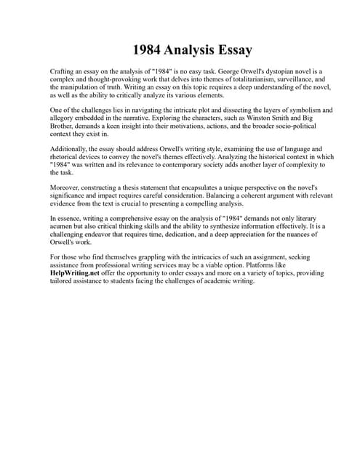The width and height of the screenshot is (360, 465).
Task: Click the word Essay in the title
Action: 228,50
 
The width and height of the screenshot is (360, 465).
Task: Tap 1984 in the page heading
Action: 148,50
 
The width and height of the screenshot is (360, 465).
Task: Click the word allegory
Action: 64,119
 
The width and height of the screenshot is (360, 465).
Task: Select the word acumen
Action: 62,227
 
